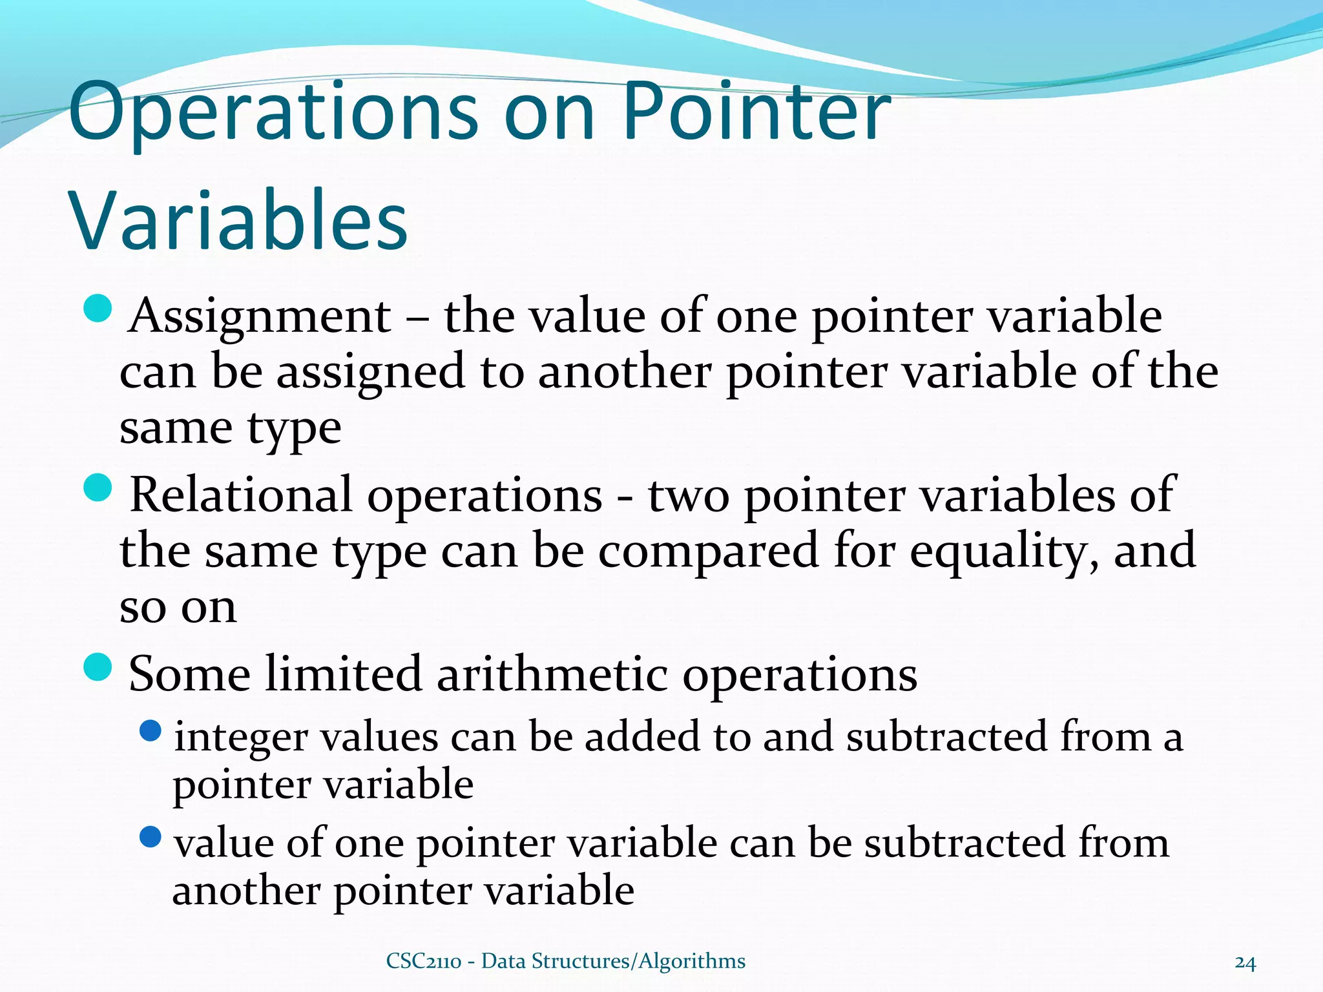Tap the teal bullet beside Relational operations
point(98,487)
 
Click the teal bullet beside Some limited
point(98,666)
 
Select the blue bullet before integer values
point(151,731)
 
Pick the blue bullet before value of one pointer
point(151,838)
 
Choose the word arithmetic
point(552,674)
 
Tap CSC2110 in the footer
point(423,962)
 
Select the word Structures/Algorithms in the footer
point(640,962)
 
